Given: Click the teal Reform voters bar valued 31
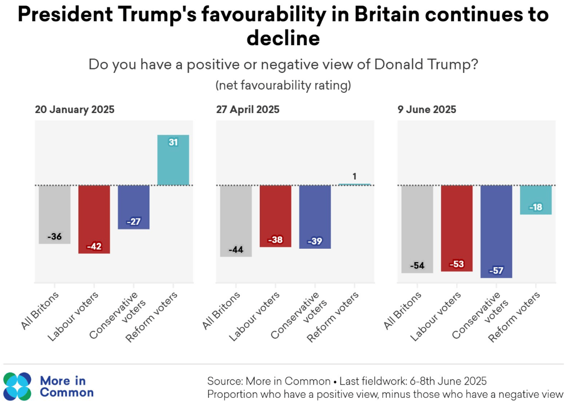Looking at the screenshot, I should tap(173, 160).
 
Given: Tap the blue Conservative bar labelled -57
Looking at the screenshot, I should tap(496, 231).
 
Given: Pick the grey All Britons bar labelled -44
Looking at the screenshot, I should tap(236, 220).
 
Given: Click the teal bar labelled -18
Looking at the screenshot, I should tap(536, 200).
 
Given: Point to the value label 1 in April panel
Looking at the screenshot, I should tap(354, 176).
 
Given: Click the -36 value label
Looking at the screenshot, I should tap(55, 237).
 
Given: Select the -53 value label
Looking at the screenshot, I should tap(457, 264).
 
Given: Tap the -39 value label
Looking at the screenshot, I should tap(315, 242).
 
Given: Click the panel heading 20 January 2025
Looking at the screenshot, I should tap(74, 109).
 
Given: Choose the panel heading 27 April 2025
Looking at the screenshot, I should tap(248, 109).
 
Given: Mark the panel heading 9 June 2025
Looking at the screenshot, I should tap(426, 109).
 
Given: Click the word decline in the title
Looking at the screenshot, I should tap(283, 39).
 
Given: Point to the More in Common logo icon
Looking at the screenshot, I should tap(17, 386).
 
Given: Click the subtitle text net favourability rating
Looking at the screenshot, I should tap(283, 86).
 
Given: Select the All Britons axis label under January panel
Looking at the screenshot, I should tap(42, 310).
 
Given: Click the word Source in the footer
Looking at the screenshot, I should tap(224, 381).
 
